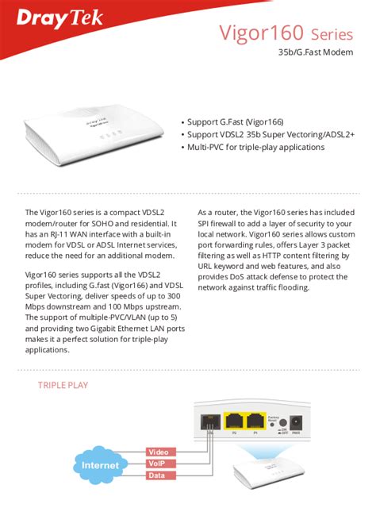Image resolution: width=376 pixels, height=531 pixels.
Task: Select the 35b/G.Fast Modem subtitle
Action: tap(315, 53)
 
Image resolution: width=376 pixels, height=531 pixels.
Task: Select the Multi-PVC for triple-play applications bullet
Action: tap(255, 147)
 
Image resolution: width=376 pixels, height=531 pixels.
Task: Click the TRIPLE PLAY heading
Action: tap(63, 386)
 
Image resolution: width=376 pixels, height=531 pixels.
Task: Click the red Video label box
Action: tap(157, 452)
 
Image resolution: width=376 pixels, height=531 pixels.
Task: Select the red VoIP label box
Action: tap(157, 464)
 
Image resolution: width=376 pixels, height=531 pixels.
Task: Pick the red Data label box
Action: tap(157, 476)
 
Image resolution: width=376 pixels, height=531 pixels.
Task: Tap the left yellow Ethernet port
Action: tap(233, 421)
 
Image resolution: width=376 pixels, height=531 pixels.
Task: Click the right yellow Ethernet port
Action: tap(255, 421)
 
